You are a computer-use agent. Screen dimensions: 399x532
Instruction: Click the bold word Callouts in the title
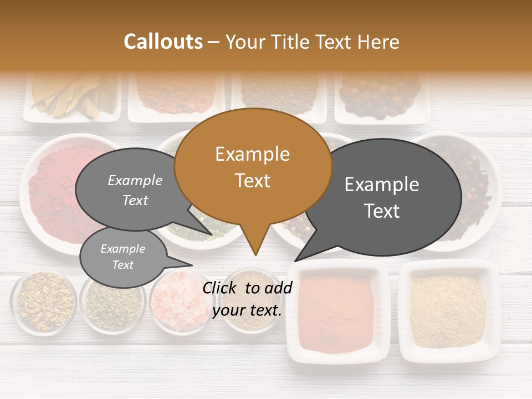(x=163, y=42)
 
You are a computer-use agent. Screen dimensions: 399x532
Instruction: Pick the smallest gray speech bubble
(x=123, y=257)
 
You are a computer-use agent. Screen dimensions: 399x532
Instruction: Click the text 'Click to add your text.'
(x=247, y=299)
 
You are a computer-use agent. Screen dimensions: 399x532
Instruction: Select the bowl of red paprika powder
(x=53, y=188)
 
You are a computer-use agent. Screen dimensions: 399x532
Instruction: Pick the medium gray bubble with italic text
(x=135, y=190)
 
